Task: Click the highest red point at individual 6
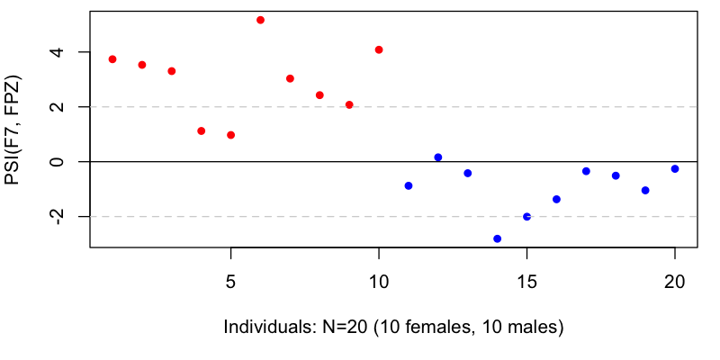point(260,20)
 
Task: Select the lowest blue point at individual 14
point(497,238)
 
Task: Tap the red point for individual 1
point(112,59)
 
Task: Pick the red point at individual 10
point(379,49)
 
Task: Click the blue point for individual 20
point(675,168)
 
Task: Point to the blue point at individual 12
point(438,157)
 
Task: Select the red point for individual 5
point(231,135)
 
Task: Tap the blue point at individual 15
point(526,217)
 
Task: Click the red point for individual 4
point(202,131)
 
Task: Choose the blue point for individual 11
point(409,185)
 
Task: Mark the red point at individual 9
point(349,104)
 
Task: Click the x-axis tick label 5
point(231,280)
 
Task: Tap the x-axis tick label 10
point(379,280)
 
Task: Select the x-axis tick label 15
point(526,280)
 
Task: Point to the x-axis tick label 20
point(675,280)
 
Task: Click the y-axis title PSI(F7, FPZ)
point(13,130)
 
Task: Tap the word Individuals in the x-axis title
point(265,327)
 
